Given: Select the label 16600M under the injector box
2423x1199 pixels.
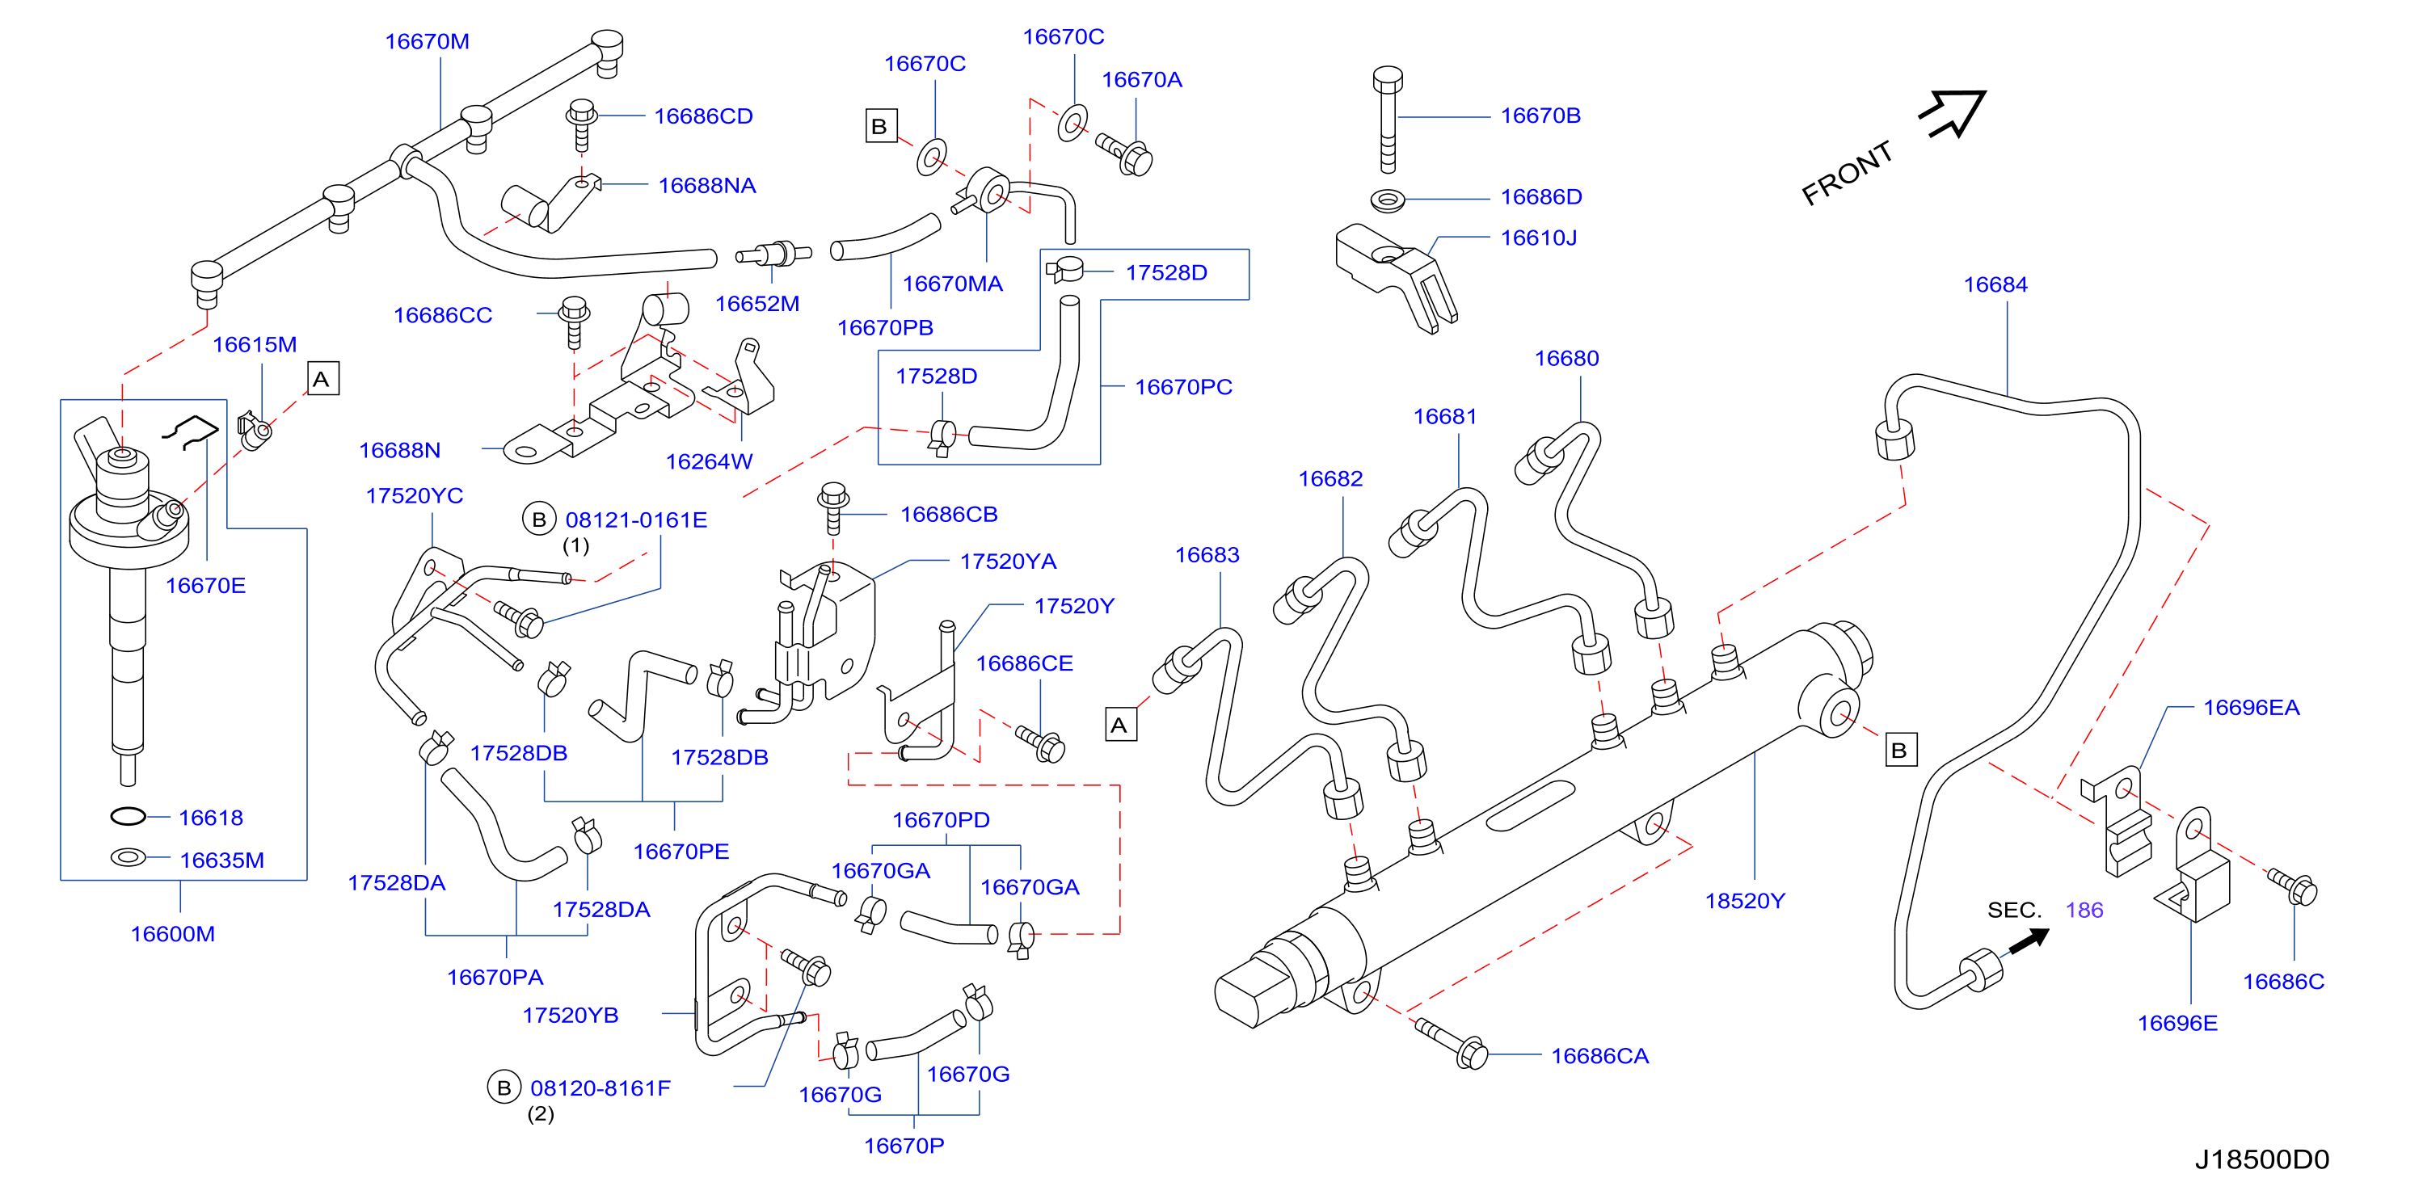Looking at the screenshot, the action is tap(173, 934).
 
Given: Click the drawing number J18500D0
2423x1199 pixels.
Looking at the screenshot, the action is tap(2262, 1159).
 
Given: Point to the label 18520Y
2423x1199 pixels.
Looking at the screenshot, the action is tap(1745, 901).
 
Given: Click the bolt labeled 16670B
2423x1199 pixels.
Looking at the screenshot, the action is tap(1388, 120).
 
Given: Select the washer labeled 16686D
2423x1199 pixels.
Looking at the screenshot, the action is tap(1388, 200).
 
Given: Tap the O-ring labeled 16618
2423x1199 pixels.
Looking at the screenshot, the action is tap(128, 816).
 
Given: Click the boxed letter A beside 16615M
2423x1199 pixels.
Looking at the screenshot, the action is tap(322, 379).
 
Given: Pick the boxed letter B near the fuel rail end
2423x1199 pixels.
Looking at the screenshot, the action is tap(1900, 751).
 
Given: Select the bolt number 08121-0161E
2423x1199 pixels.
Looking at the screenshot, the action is tap(636, 520).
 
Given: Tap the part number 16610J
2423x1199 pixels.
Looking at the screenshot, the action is tap(1538, 238).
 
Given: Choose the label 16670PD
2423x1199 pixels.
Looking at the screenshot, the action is tap(941, 820).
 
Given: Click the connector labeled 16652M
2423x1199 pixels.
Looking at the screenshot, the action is tap(773, 254).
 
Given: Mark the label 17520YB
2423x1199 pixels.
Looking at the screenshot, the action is tap(570, 1016).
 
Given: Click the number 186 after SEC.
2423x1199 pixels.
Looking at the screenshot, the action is tap(2084, 911).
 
